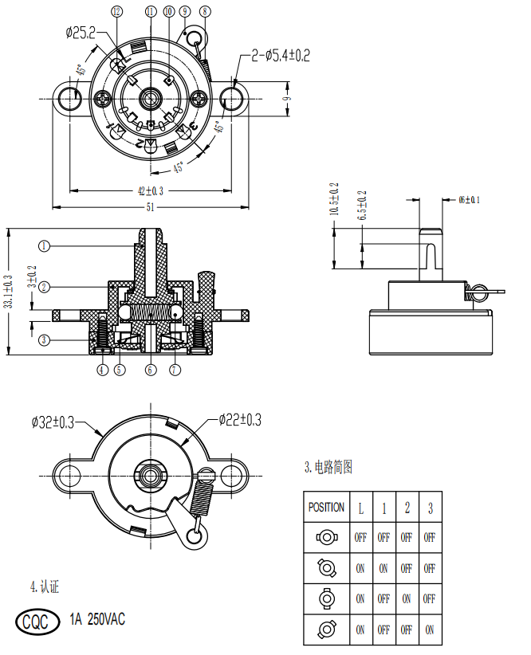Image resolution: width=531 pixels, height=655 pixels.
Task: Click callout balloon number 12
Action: tap(117, 11)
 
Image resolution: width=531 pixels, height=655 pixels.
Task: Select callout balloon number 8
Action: tap(206, 11)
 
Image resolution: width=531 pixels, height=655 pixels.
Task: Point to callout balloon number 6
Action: tap(150, 370)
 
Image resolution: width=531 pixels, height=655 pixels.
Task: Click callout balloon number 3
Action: tap(45, 339)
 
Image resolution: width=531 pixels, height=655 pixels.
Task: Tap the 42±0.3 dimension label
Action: tap(150, 191)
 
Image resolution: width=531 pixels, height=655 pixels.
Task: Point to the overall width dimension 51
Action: tap(150, 207)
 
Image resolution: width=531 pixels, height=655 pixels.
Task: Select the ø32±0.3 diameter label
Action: tap(53, 422)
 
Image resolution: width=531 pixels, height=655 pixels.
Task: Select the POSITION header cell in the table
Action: tap(326, 507)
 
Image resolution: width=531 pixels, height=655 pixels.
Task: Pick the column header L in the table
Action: tap(360, 508)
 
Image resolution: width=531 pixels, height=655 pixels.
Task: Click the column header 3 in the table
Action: tap(431, 508)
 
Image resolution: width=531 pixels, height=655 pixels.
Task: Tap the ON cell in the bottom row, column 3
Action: tap(431, 630)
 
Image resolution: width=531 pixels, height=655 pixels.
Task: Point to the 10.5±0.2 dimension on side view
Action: tap(334, 200)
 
